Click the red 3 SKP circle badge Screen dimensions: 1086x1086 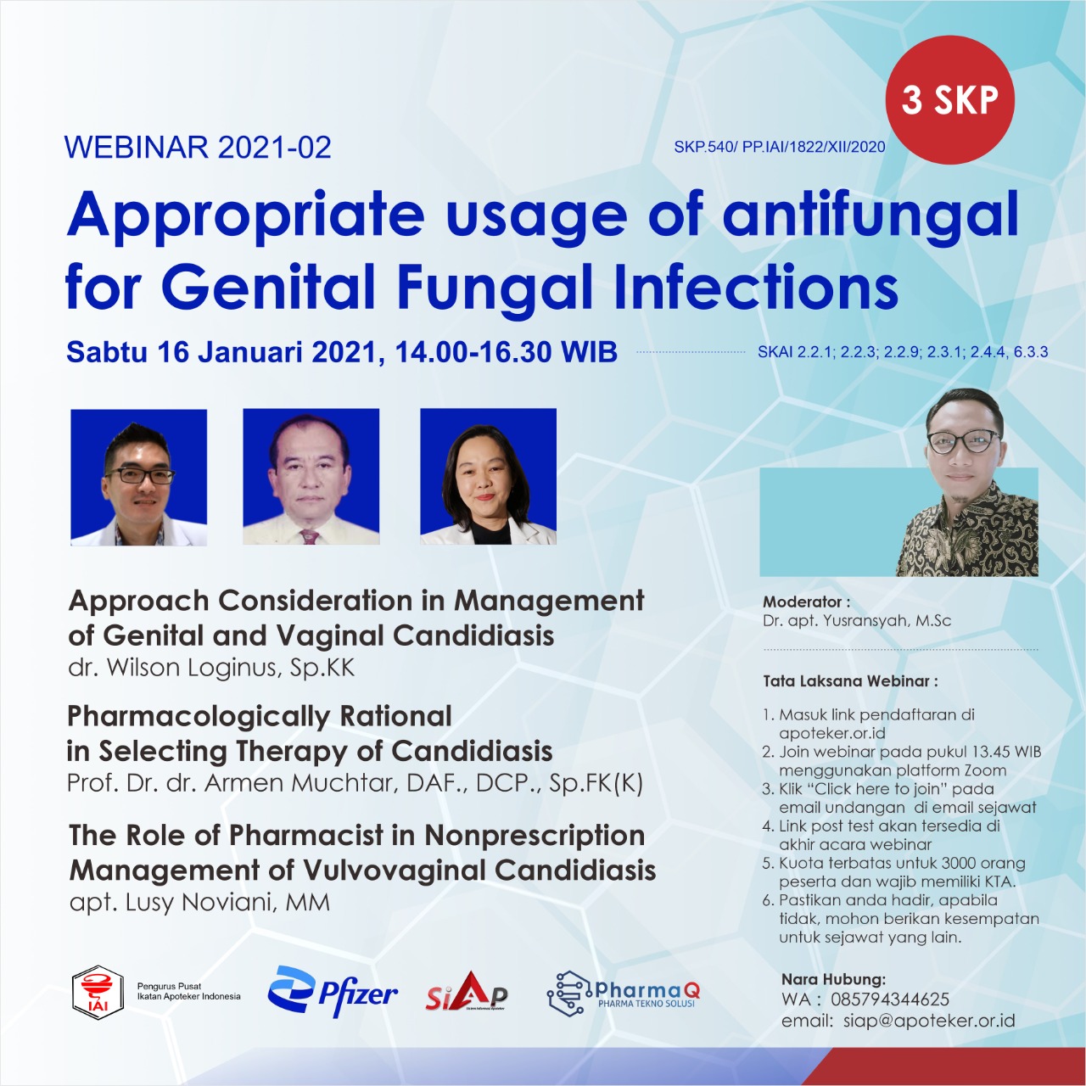click(x=949, y=100)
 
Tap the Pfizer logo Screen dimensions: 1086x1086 click(x=333, y=993)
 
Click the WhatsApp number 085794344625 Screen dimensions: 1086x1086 click(x=890, y=999)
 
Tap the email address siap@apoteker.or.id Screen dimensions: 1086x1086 click(x=929, y=1022)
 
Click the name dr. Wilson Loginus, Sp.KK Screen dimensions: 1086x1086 click(x=211, y=668)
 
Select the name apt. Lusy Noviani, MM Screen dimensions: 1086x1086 click(x=199, y=902)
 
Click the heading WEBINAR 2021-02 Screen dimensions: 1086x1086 click(x=198, y=147)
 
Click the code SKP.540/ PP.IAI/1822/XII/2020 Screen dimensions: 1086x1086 click(x=780, y=147)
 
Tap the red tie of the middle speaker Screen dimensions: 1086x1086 click(x=310, y=535)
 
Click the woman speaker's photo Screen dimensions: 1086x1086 click(x=488, y=477)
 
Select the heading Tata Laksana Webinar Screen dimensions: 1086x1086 click(x=850, y=680)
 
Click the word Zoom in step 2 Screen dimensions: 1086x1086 click(x=985, y=770)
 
